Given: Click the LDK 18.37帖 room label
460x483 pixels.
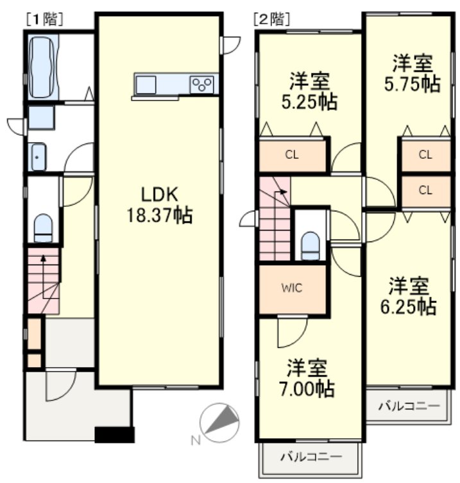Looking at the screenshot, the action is pyautogui.click(x=160, y=205).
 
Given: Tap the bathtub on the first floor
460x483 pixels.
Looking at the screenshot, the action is pyautogui.click(x=43, y=67).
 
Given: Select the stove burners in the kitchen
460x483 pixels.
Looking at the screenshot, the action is pyautogui.click(x=201, y=84).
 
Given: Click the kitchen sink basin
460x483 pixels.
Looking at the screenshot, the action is pyautogui.click(x=146, y=85).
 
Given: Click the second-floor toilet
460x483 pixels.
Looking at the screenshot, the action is pyautogui.click(x=310, y=246).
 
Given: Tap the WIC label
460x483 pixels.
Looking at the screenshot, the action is pyautogui.click(x=291, y=288).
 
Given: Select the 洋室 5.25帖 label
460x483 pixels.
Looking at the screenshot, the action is pyautogui.click(x=309, y=91).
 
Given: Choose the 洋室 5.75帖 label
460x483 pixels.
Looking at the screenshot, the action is pyautogui.click(x=412, y=73).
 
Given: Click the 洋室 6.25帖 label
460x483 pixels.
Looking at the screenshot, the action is pyautogui.click(x=408, y=296).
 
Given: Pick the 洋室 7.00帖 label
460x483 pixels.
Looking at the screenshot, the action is pyautogui.click(x=307, y=378).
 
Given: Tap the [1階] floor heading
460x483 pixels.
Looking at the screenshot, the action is pyautogui.click(x=45, y=19).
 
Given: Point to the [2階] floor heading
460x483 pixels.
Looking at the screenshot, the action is pyautogui.click(x=272, y=19).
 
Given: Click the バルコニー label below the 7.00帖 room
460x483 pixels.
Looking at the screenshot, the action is pyautogui.click(x=311, y=456).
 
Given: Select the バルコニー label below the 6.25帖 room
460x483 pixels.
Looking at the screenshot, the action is pyautogui.click(x=409, y=405).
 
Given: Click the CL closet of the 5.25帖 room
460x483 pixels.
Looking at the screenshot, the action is pyautogui.click(x=292, y=154).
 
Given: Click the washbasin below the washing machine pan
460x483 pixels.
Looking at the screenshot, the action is pyautogui.click(x=38, y=157).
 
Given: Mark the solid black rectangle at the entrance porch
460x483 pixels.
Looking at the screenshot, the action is pyautogui.click(x=114, y=435).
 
